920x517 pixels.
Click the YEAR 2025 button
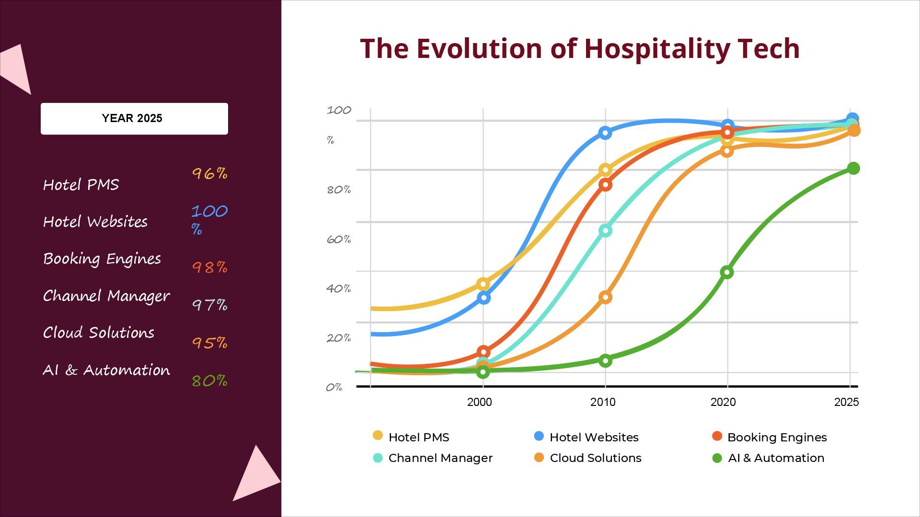pyautogui.click(x=134, y=118)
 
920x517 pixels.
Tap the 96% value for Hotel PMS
pyautogui.click(x=209, y=173)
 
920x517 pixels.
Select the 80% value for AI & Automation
pyautogui.click(x=209, y=381)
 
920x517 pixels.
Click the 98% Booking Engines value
pyautogui.click(x=209, y=267)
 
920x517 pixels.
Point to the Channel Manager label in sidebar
pyautogui.click(x=106, y=296)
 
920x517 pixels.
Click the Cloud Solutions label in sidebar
pyautogui.click(x=99, y=333)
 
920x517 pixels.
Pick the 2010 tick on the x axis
pyautogui.click(x=603, y=402)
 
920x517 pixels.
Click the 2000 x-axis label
pyautogui.click(x=479, y=402)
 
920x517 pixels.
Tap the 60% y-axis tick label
pyautogui.click(x=338, y=239)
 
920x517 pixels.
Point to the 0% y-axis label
pyautogui.click(x=334, y=387)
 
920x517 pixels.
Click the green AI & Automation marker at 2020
pyautogui.click(x=727, y=272)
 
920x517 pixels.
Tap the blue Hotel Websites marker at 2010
pyautogui.click(x=605, y=133)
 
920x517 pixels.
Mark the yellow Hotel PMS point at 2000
pyautogui.click(x=483, y=284)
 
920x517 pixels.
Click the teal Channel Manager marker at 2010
pyautogui.click(x=605, y=231)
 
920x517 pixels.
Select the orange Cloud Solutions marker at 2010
pyautogui.click(x=605, y=297)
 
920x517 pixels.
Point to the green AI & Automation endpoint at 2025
pyautogui.click(x=853, y=169)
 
